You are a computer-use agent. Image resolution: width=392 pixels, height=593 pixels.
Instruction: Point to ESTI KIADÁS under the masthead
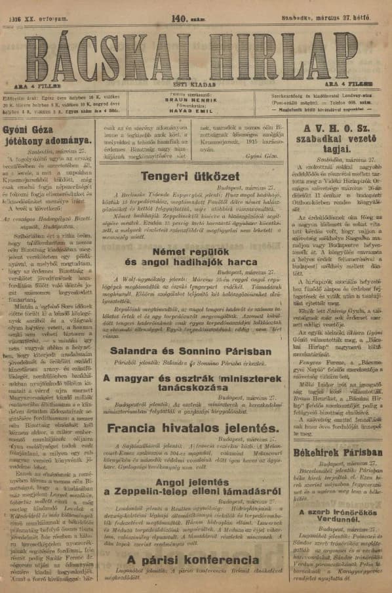point(196,83)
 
